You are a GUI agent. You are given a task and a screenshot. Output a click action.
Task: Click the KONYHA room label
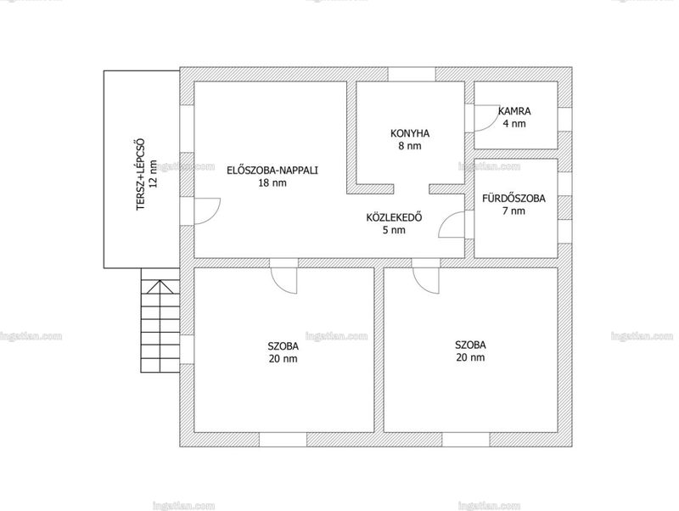coord(410,133)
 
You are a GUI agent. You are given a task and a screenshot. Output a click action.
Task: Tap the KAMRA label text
coord(514,111)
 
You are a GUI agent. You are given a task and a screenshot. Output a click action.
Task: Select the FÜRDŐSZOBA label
coord(514,199)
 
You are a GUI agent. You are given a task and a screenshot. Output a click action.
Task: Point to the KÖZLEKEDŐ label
coord(394,217)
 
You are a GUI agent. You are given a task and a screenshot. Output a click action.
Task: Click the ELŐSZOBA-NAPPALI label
coord(272,170)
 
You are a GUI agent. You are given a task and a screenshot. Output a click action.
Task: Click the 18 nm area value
coord(272,182)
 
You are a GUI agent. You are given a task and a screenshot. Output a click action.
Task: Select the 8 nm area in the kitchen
coord(410,146)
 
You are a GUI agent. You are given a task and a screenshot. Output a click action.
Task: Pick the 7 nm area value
coord(514,211)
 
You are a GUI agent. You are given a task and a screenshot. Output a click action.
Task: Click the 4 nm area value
coord(514,123)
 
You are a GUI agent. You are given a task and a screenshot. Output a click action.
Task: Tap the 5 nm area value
coord(394,230)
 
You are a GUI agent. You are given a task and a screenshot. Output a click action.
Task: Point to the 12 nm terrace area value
coord(154,174)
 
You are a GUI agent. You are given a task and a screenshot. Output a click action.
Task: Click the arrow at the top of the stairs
coord(160,287)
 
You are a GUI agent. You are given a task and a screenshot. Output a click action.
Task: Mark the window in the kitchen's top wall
coord(412,74)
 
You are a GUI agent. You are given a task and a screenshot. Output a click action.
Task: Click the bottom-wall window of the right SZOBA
coord(466,440)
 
